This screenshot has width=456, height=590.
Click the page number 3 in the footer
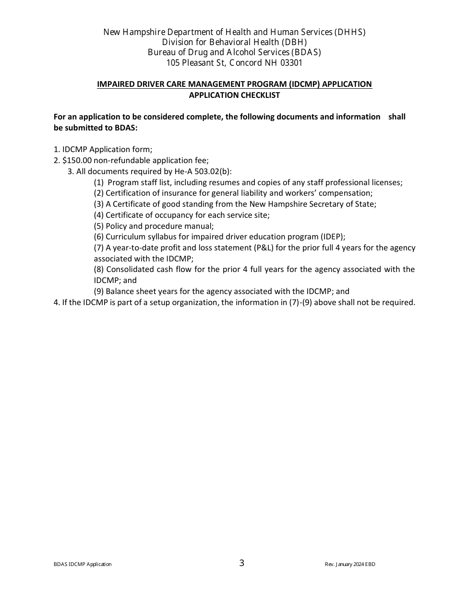241,563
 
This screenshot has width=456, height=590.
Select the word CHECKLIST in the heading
258,95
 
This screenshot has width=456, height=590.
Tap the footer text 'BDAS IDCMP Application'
83,565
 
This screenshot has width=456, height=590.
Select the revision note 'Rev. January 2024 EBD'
350,565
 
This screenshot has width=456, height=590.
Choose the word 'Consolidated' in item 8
129,270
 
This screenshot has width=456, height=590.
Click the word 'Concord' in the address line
245,63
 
